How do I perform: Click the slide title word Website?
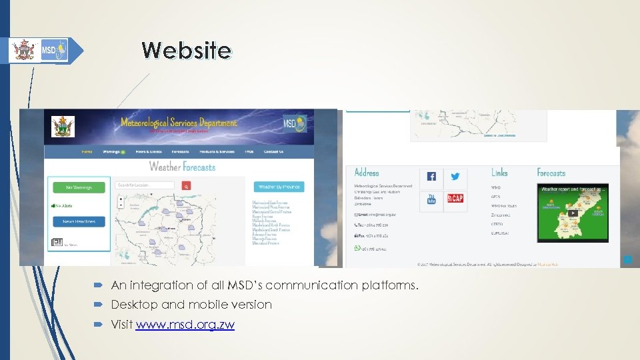[x=186, y=50]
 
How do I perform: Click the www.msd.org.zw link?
[x=185, y=325]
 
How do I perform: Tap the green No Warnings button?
[x=79, y=187]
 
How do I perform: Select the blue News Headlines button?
[x=79, y=221]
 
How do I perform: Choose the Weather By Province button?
[x=279, y=187]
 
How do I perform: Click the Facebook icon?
[x=431, y=177]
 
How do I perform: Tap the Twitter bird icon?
[x=455, y=177]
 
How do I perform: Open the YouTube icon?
[x=431, y=199]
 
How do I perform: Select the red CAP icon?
[x=455, y=199]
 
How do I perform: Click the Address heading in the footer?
[x=367, y=173]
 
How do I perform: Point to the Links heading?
[x=499, y=173]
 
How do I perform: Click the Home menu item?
[x=87, y=152]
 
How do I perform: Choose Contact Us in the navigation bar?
[x=273, y=152]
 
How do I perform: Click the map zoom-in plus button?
[x=120, y=199]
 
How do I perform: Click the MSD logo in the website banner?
[x=295, y=124]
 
